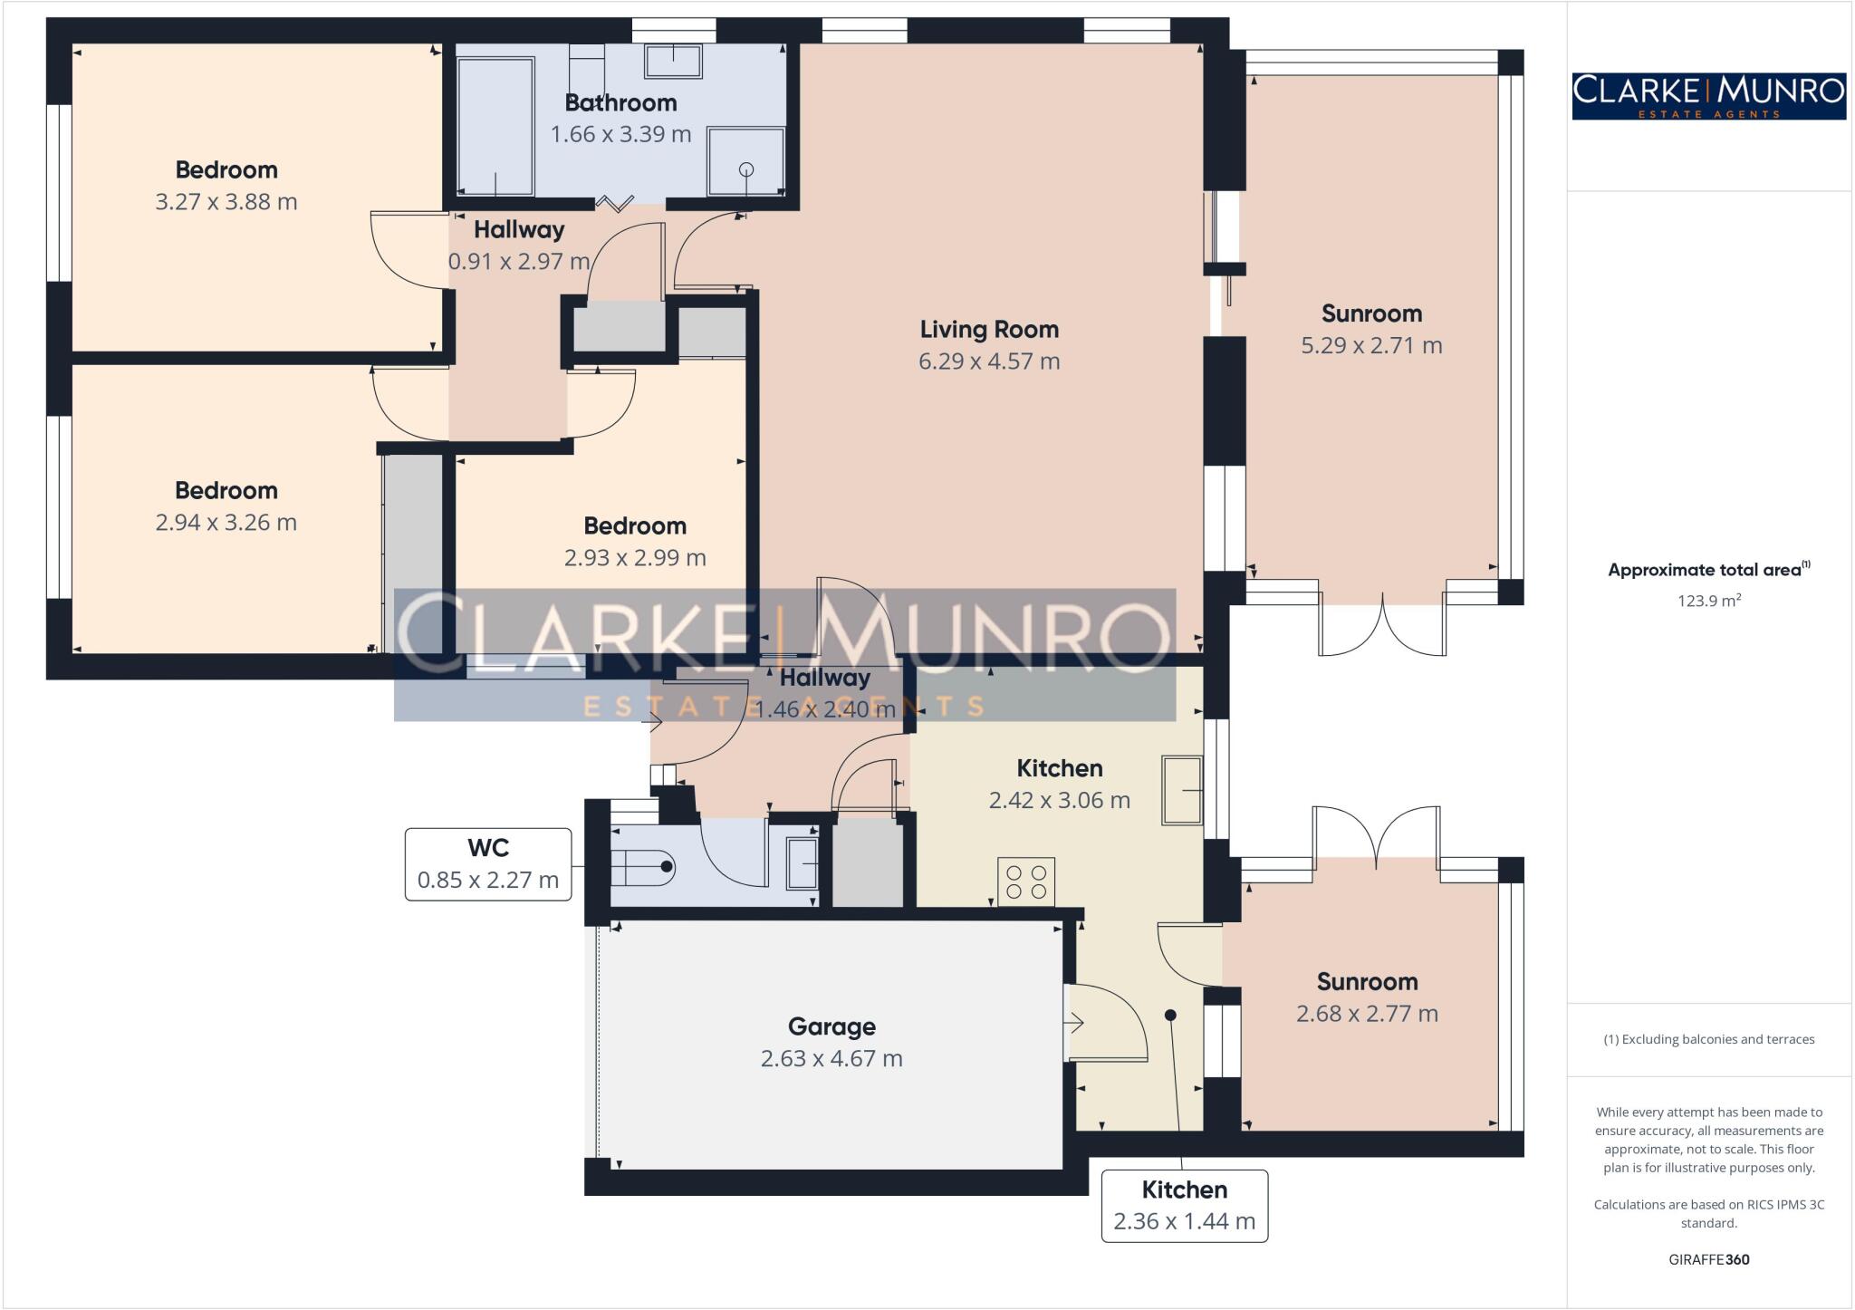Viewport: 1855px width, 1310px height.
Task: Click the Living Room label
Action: tap(989, 330)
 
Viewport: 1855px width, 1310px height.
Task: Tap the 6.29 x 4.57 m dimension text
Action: tap(989, 361)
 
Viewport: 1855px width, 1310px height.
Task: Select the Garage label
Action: tap(831, 1026)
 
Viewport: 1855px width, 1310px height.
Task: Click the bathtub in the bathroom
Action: tap(495, 125)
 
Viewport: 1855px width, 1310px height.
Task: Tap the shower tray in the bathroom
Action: tap(745, 160)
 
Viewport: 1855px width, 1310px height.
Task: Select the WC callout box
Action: tap(488, 863)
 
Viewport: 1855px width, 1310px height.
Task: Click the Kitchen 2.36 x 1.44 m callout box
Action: tap(1184, 1205)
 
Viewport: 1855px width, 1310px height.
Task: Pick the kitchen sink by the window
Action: tap(1182, 790)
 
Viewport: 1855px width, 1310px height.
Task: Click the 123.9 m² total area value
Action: tap(1708, 601)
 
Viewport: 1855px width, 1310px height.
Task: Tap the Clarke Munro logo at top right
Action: tap(1708, 96)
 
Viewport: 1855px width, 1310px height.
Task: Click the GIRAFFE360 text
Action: tap(1708, 1259)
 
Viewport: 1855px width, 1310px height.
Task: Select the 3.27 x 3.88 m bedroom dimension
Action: tap(226, 202)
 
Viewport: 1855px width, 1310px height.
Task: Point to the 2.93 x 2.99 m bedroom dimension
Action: tap(635, 558)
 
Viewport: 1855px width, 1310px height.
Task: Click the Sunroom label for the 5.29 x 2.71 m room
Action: tap(1371, 314)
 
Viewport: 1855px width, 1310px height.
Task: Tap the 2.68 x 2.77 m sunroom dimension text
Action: tap(1367, 1014)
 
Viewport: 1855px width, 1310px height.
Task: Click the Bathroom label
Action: tap(620, 103)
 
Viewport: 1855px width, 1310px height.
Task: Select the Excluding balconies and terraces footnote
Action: tap(1708, 1039)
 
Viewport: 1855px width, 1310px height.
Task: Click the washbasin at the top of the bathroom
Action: tap(673, 62)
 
